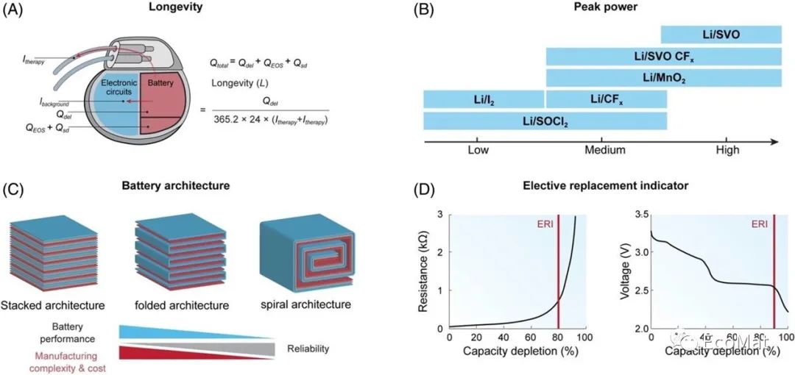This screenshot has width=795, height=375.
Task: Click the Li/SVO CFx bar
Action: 663,56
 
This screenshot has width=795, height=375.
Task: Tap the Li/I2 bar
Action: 483,99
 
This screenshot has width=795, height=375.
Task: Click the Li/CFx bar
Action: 606,99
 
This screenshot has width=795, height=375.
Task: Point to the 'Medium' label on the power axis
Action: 604,150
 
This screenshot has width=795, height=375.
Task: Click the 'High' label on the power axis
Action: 727,150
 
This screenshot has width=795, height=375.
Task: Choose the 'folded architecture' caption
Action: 182,304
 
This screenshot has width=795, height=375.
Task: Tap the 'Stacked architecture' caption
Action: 53,304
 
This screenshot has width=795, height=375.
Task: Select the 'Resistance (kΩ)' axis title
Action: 424,271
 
